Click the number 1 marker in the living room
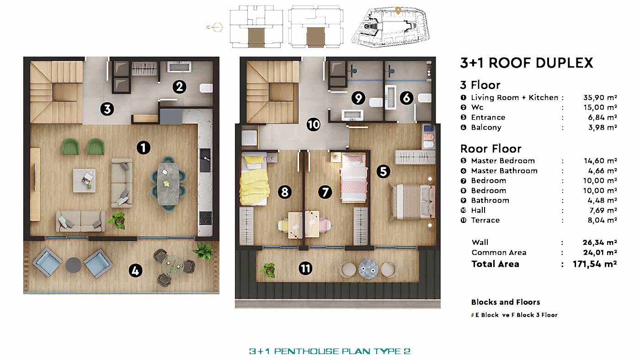coord(144,148)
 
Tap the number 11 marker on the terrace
coord(305,268)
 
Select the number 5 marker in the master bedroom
coord(384,171)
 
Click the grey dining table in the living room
coord(169,184)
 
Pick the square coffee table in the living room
coord(84,180)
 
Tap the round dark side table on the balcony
coord(74,265)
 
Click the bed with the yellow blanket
coord(254,179)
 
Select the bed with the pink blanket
coord(354,178)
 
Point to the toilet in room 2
coord(206,88)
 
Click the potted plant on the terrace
coord(268,270)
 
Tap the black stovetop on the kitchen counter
coord(205,218)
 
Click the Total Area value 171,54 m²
coord(595,264)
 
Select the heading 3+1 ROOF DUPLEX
coord(527,63)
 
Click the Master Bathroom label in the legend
coord(504,171)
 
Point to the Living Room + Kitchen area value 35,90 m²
coord(600,98)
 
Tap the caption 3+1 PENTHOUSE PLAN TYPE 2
coord(330,351)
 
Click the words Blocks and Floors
coord(506,302)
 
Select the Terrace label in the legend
coord(485,220)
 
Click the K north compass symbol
coord(214,27)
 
